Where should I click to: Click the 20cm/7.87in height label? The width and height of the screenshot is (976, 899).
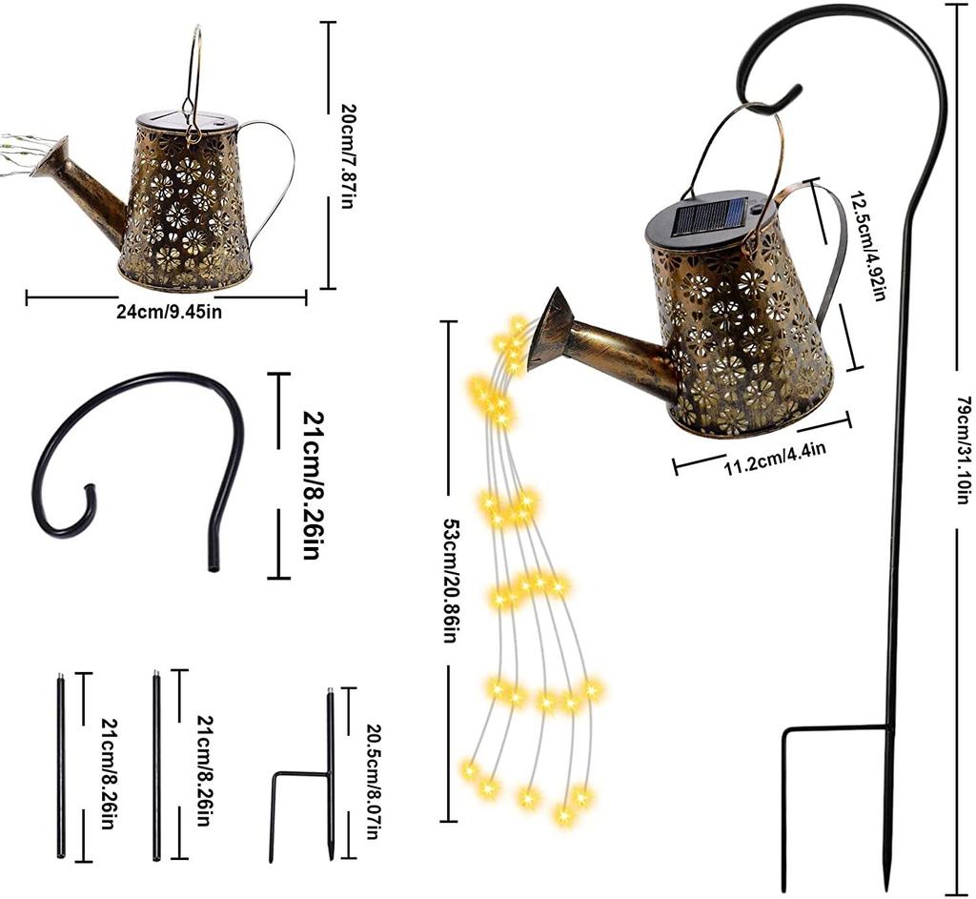[x=345, y=156]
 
